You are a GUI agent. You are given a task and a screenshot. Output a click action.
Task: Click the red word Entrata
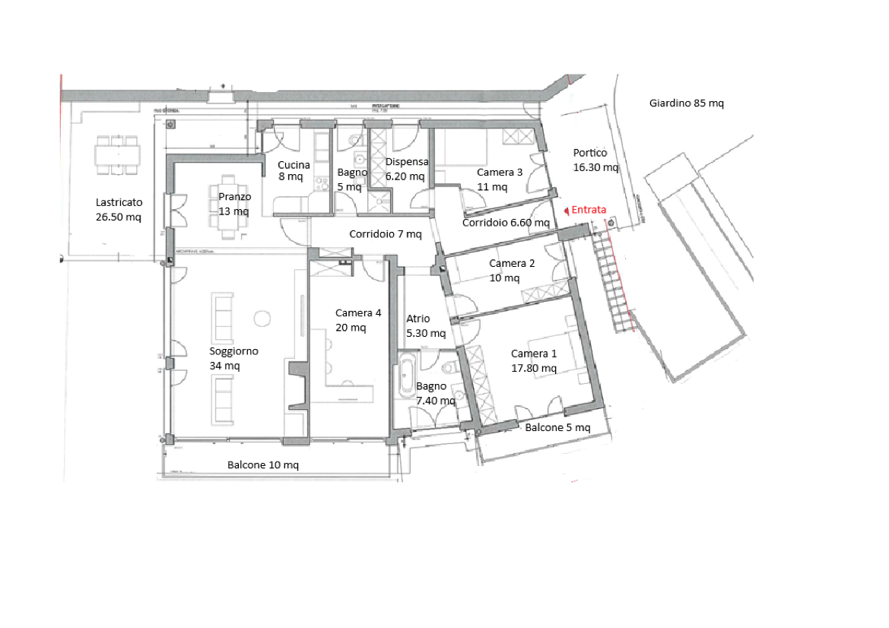point(589,210)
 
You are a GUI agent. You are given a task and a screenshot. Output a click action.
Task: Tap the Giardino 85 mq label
point(686,103)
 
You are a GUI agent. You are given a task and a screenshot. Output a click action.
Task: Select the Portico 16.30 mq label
point(595,160)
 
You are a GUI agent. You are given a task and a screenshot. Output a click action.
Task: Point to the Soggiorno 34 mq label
point(233,358)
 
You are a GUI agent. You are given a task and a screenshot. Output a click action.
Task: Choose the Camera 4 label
point(357,313)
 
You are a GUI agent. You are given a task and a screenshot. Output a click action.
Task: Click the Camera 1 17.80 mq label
point(534,361)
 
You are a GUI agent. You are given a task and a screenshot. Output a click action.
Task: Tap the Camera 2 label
point(512,264)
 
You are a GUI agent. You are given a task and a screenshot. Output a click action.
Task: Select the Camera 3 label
point(499,173)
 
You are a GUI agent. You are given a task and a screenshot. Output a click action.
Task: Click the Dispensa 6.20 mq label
point(406,169)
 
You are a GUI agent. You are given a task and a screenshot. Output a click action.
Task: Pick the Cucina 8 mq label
point(293,170)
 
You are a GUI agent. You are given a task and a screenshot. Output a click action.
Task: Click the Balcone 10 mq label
point(263,465)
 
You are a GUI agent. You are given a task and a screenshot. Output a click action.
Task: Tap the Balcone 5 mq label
point(557,428)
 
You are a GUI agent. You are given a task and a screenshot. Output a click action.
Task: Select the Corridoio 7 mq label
point(385,234)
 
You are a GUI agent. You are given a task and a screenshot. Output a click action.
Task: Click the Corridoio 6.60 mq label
point(506,223)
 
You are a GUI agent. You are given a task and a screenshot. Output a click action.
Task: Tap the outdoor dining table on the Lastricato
point(118,154)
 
